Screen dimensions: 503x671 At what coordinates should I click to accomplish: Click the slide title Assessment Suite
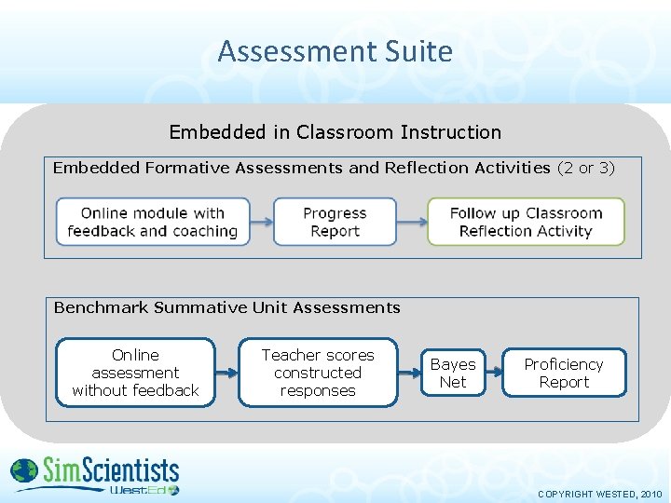pos(335,50)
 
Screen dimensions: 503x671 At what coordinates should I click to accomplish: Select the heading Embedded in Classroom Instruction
pos(335,132)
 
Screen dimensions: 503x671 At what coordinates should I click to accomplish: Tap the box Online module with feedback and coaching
pos(153,222)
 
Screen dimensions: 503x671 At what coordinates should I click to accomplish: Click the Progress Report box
pos(335,222)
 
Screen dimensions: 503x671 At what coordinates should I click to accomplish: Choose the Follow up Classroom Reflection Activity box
pos(526,222)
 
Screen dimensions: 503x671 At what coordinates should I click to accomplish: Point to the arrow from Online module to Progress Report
pos(262,222)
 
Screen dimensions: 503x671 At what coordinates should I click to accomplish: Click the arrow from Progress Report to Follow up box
pos(411,222)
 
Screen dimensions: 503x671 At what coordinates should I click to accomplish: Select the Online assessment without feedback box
pos(135,373)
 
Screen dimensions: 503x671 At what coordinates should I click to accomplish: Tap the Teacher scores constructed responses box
pos(318,373)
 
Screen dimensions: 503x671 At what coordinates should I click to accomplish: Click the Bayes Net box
pos(453,373)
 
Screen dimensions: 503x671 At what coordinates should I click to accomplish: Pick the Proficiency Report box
pos(564,373)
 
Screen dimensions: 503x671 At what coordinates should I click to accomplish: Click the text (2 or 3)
pos(586,168)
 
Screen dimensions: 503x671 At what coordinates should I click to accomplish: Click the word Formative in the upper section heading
pos(185,168)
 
